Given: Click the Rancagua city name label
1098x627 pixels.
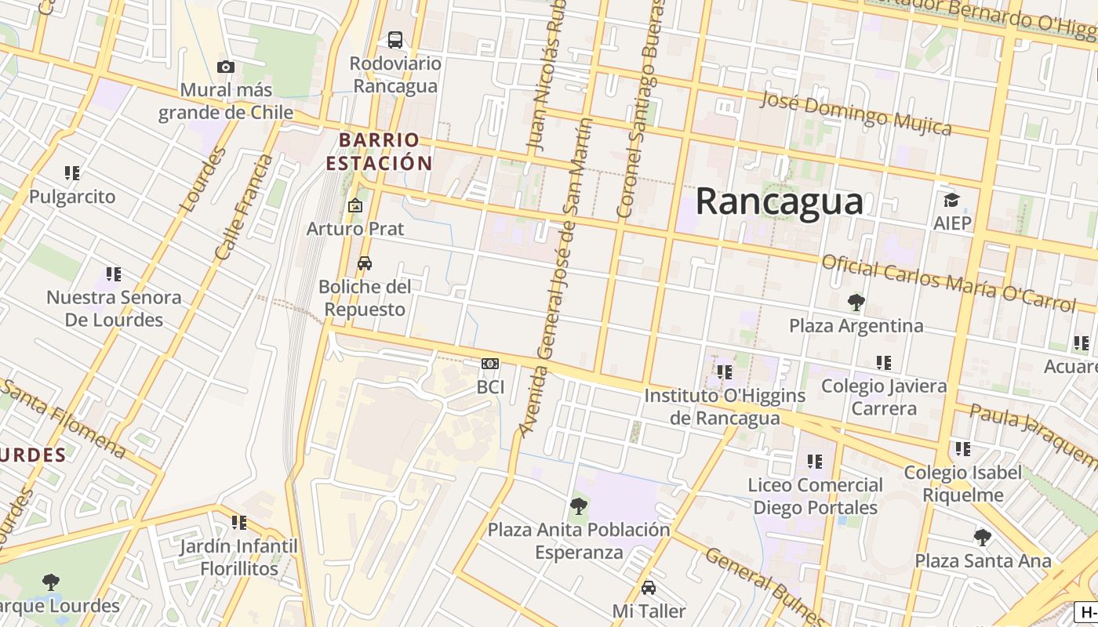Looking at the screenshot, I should pyautogui.click(x=779, y=201).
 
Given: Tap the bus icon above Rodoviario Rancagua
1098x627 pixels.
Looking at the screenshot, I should pyautogui.click(x=395, y=39).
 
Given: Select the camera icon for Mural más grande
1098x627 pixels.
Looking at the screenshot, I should pyautogui.click(x=226, y=67).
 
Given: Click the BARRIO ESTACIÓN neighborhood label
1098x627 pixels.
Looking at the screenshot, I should pyautogui.click(x=380, y=151).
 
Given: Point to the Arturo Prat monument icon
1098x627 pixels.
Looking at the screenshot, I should pyautogui.click(x=355, y=205).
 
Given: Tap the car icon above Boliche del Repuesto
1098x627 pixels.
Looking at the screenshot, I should pyautogui.click(x=365, y=263).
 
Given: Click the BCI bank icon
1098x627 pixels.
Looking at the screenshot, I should pyautogui.click(x=490, y=364).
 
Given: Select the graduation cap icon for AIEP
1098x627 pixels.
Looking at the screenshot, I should pyautogui.click(x=951, y=201).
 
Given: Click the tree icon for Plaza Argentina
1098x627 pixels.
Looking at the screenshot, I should pyautogui.click(x=856, y=302).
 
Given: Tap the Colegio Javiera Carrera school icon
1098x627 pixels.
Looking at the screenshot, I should pyautogui.click(x=884, y=363).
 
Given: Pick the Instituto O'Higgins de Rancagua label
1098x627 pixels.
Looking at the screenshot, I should pyautogui.click(x=725, y=407).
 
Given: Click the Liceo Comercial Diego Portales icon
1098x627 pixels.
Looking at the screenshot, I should pyautogui.click(x=815, y=462).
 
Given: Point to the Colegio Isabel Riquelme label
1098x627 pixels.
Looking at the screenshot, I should pyautogui.click(x=962, y=484).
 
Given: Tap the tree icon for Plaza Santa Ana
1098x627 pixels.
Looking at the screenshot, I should pyautogui.click(x=982, y=538).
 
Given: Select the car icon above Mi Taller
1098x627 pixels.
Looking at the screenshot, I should pyautogui.click(x=649, y=588).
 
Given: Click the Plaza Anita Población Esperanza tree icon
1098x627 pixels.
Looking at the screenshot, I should pyautogui.click(x=579, y=506).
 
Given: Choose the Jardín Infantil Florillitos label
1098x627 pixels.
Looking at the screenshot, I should pyautogui.click(x=238, y=557).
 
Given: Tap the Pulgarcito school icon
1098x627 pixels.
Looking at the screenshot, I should pyautogui.click(x=72, y=173).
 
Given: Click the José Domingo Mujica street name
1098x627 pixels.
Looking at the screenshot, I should pyautogui.click(x=856, y=114).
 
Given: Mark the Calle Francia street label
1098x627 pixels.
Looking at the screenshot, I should pyautogui.click(x=244, y=208).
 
